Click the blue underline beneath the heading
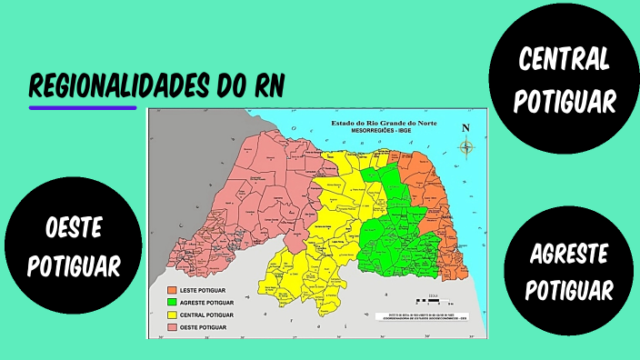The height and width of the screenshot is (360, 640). tap(82, 107)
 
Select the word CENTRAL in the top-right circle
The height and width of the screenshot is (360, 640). tap(564, 60)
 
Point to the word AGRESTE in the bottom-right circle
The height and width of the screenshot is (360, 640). tap(569, 254)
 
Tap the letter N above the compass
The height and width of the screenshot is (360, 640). tap(466, 128)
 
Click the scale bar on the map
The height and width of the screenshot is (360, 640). tap(435, 300)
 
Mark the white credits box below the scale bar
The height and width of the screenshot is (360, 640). tap(423, 315)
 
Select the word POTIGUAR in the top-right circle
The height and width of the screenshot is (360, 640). tap(564, 101)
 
